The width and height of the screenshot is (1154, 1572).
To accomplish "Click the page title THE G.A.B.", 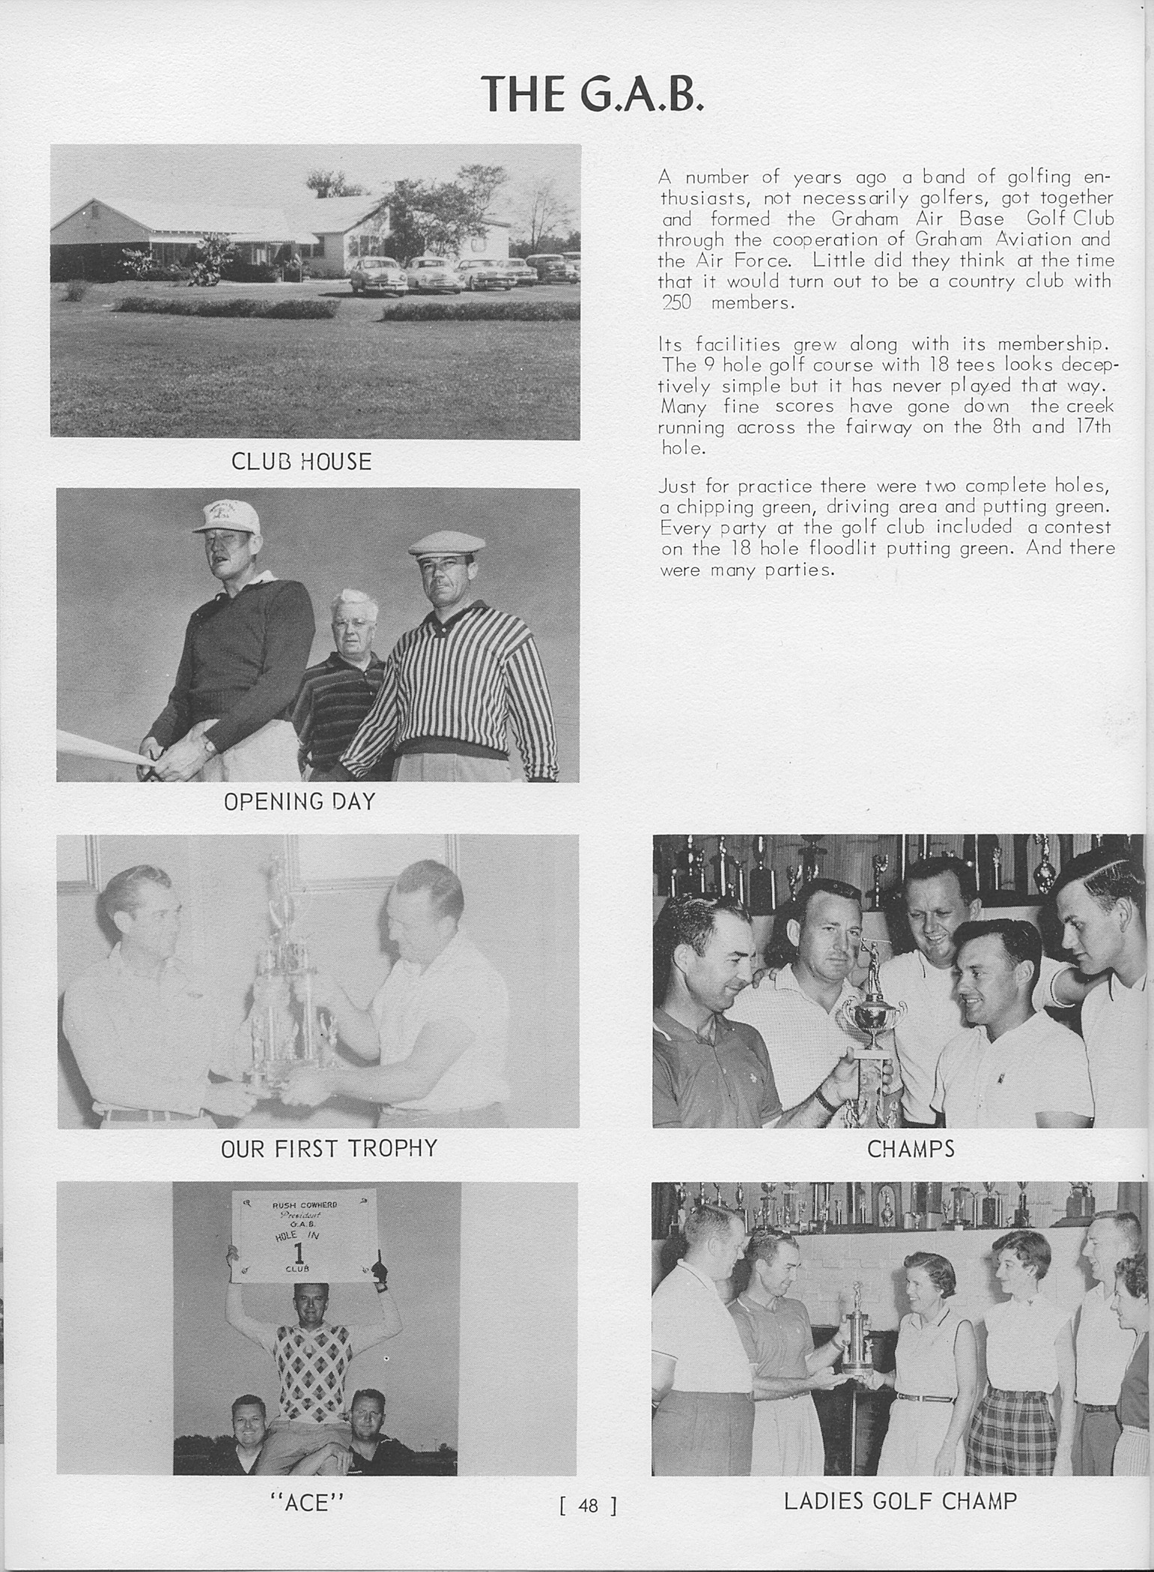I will [x=592, y=94].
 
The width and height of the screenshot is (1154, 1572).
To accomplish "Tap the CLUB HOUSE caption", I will [x=301, y=462].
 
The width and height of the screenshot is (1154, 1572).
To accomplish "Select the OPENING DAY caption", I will [x=300, y=802].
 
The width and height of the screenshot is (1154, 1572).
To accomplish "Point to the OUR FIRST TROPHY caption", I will [x=329, y=1148].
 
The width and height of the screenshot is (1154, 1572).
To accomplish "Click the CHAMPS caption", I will [x=911, y=1149].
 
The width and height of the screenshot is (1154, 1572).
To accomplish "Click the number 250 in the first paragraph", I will [x=676, y=303].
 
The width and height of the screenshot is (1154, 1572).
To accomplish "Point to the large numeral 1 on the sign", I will [x=300, y=1252].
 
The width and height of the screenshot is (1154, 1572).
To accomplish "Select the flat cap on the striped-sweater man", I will [x=446, y=542].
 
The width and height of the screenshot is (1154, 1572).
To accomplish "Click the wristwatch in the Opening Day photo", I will [x=210, y=746].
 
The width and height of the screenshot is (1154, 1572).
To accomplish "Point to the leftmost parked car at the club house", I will [x=377, y=275].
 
